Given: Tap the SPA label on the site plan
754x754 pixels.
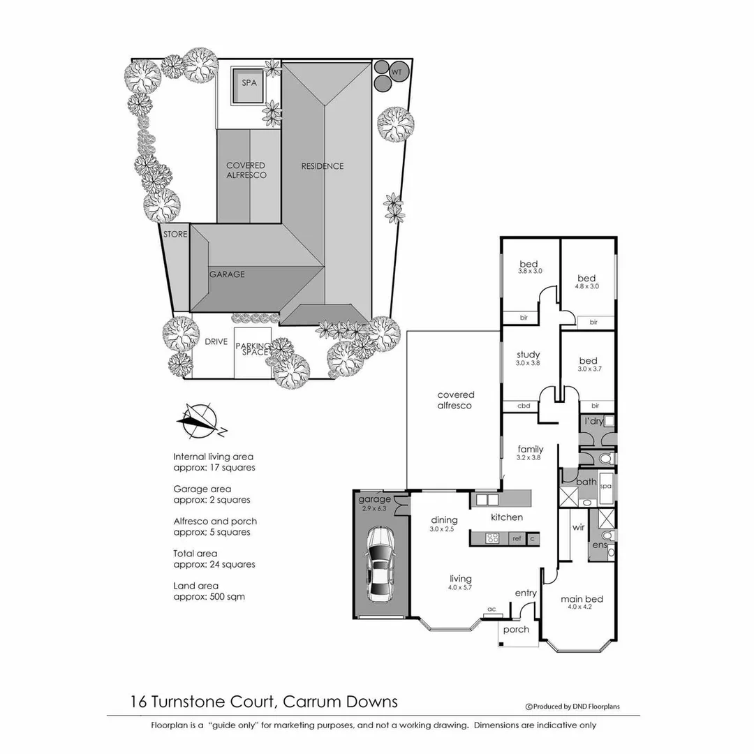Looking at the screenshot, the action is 249,82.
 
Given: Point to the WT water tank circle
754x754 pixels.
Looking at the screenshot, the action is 397,71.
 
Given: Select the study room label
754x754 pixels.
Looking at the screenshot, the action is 528,355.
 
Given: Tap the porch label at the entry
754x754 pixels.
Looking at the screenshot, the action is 517,629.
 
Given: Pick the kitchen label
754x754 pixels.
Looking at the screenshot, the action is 507,517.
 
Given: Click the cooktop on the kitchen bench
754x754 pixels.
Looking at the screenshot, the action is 493,538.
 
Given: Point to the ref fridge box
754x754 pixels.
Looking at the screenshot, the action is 517,538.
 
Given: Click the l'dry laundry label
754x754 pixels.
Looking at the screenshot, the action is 593,421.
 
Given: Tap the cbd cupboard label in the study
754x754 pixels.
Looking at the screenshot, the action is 524,406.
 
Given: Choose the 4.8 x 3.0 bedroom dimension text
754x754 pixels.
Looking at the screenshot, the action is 587,286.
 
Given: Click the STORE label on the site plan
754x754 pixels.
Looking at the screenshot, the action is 175,234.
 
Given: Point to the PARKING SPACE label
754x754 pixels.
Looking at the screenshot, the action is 252,349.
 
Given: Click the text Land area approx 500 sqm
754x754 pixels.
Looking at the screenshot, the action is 209,591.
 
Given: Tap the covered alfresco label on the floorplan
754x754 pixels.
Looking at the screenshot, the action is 456,399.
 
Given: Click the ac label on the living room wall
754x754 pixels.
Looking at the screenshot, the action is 491,609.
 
